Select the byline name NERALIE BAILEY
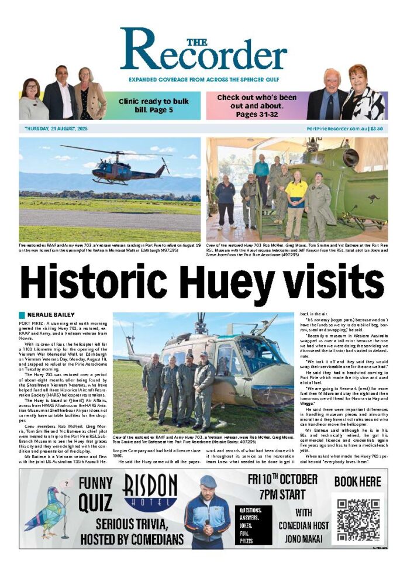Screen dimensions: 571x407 pos(51,315)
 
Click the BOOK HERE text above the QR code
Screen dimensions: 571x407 pos(357,481)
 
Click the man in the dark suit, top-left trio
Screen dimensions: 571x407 pos(60,94)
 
